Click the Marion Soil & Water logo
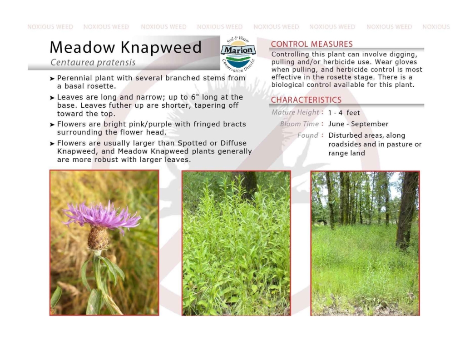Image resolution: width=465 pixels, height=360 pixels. [x=238, y=54]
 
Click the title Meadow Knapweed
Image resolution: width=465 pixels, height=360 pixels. [x=126, y=47]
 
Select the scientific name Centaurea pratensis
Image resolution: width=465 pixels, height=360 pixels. [x=93, y=63]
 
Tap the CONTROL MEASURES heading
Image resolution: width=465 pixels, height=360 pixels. [x=312, y=44]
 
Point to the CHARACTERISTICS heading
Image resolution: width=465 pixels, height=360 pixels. [x=306, y=100]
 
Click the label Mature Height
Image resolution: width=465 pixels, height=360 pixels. [x=295, y=112]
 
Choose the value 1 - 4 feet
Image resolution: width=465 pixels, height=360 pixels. [x=344, y=113]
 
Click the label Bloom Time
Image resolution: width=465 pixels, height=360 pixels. [x=300, y=124]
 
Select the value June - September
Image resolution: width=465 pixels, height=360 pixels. [x=358, y=124]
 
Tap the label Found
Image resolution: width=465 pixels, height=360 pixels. [x=307, y=135]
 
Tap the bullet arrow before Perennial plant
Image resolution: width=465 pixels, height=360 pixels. [x=52, y=79]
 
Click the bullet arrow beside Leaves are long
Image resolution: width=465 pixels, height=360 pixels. [x=52, y=98]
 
